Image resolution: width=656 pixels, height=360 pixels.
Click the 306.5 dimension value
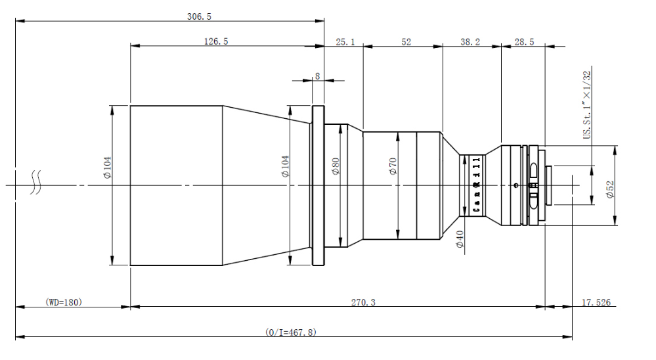point(199,16)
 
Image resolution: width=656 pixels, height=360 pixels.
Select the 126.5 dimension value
point(216,41)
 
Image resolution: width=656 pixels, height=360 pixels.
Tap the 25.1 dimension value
point(345,42)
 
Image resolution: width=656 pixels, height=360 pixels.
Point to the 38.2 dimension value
point(470,42)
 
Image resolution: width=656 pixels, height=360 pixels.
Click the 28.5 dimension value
point(524,42)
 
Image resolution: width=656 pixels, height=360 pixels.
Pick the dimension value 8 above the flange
point(318,76)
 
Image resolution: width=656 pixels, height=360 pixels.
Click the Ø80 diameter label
point(336,166)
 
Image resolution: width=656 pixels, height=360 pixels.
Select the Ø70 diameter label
point(393,166)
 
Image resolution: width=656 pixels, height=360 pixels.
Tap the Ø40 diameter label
point(460,239)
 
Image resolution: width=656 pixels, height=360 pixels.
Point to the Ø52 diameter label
point(610,189)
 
